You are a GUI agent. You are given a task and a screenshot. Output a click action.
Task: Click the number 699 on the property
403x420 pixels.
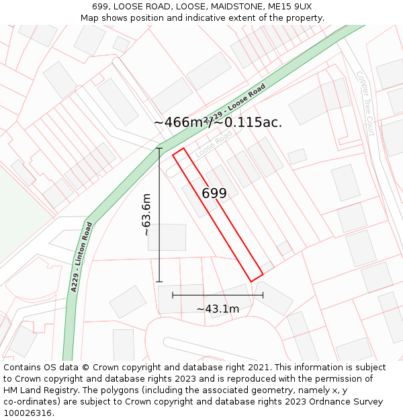(x=214, y=194)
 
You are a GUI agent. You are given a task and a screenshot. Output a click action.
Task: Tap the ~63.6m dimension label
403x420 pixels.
(x=146, y=214)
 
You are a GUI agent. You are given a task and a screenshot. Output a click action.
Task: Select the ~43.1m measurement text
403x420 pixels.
(x=218, y=309)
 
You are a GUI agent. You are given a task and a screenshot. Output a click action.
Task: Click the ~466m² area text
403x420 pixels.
(x=181, y=122)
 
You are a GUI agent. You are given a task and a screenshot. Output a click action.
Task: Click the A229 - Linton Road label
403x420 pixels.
(x=81, y=257)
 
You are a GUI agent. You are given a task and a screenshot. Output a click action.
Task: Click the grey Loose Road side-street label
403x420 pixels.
(x=214, y=144)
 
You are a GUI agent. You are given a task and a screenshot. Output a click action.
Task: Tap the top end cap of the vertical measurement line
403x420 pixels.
(x=159, y=149)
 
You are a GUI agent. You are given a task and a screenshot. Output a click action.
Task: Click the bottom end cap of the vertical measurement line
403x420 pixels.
(x=159, y=282)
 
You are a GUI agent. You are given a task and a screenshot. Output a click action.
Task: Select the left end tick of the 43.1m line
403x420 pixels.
(x=173, y=295)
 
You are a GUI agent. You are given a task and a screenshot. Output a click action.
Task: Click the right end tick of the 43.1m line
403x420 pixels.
(x=263, y=295)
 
